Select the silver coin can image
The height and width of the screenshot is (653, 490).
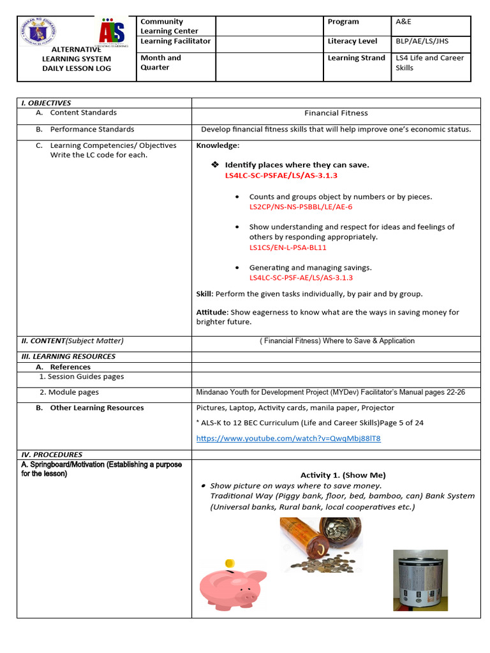[420, 580]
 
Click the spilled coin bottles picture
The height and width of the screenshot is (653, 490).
[320, 544]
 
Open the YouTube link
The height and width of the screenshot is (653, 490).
[288, 438]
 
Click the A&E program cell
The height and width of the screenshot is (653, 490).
[405, 22]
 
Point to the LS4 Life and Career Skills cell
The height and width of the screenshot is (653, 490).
[429, 62]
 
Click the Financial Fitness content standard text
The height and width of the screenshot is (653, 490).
[336, 113]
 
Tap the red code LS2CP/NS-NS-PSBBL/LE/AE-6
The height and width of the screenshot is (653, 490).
[301, 207]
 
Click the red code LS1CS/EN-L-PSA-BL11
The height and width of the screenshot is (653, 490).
[288, 247]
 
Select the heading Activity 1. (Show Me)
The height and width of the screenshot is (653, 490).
[343, 475]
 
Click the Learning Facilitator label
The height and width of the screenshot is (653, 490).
[175, 41]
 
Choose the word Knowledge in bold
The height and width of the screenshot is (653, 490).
[218, 145]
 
